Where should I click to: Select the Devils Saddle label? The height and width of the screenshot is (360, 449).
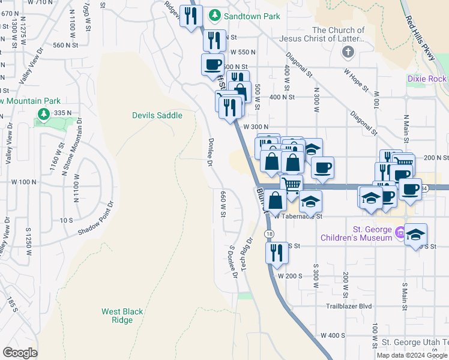(157, 115)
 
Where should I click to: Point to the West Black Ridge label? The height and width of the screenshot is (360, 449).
(122, 316)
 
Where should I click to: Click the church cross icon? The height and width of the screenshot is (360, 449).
(347, 52)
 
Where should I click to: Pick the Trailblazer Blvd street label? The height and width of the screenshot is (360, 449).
(349, 306)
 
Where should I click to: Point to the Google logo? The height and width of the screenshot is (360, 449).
(20, 353)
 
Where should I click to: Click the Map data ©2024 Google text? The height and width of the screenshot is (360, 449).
(412, 355)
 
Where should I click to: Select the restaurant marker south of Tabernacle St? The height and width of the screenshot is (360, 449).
(277, 252)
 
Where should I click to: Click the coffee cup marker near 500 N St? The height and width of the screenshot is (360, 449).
(212, 64)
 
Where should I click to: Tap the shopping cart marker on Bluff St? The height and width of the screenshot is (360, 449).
(291, 185)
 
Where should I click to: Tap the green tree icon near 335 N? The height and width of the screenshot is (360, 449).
(43, 113)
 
